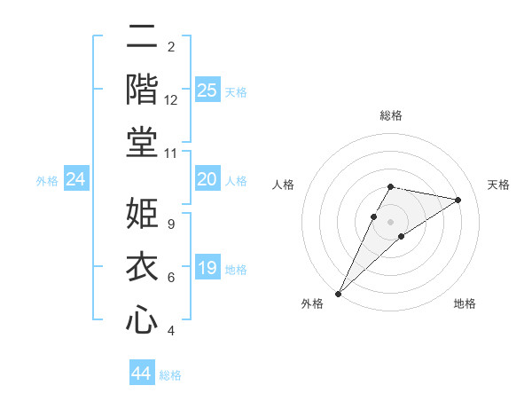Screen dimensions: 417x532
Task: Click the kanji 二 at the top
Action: (142, 37)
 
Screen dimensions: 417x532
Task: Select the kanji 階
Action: (142, 90)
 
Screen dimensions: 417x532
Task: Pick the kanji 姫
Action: (142, 214)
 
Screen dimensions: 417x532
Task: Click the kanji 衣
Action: (142, 266)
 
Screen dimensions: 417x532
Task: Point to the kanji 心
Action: (142, 319)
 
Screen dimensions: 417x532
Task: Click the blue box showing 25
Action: (207, 90)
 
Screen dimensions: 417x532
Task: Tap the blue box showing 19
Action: (207, 268)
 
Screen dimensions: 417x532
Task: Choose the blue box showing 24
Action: (76, 180)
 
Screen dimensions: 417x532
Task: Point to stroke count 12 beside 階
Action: (171, 100)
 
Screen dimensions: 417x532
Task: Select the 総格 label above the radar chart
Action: (390, 115)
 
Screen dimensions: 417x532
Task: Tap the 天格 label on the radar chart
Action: (498, 185)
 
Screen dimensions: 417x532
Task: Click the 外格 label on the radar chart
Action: (312, 303)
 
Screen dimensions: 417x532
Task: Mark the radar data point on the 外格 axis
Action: (338, 293)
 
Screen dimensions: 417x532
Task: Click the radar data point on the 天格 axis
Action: (458, 200)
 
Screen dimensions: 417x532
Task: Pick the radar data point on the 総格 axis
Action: (390, 186)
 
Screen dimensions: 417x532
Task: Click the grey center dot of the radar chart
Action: (390, 221)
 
